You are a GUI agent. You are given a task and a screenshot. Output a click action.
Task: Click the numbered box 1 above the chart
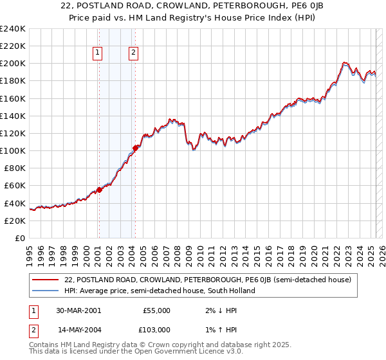tap(98, 53)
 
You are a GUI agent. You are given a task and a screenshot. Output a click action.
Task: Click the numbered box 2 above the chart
tap(133, 53)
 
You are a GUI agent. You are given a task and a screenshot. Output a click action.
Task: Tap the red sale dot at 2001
tap(99, 190)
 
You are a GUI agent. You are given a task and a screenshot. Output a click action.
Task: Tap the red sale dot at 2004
tap(135, 148)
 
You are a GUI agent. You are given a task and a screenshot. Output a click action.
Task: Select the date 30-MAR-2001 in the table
tap(78, 310)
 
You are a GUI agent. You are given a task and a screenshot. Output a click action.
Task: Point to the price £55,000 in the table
tap(156, 310)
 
